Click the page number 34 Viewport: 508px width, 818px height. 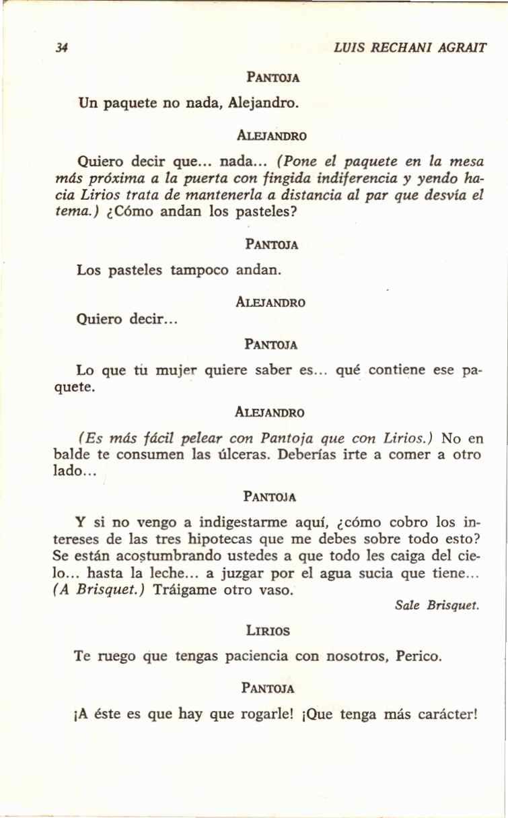click(x=63, y=48)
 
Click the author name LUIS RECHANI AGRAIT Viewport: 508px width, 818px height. click(x=410, y=48)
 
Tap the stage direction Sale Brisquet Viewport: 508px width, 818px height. click(x=437, y=605)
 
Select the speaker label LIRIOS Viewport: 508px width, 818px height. click(x=268, y=632)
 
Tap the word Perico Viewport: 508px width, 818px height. click(x=419, y=656)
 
